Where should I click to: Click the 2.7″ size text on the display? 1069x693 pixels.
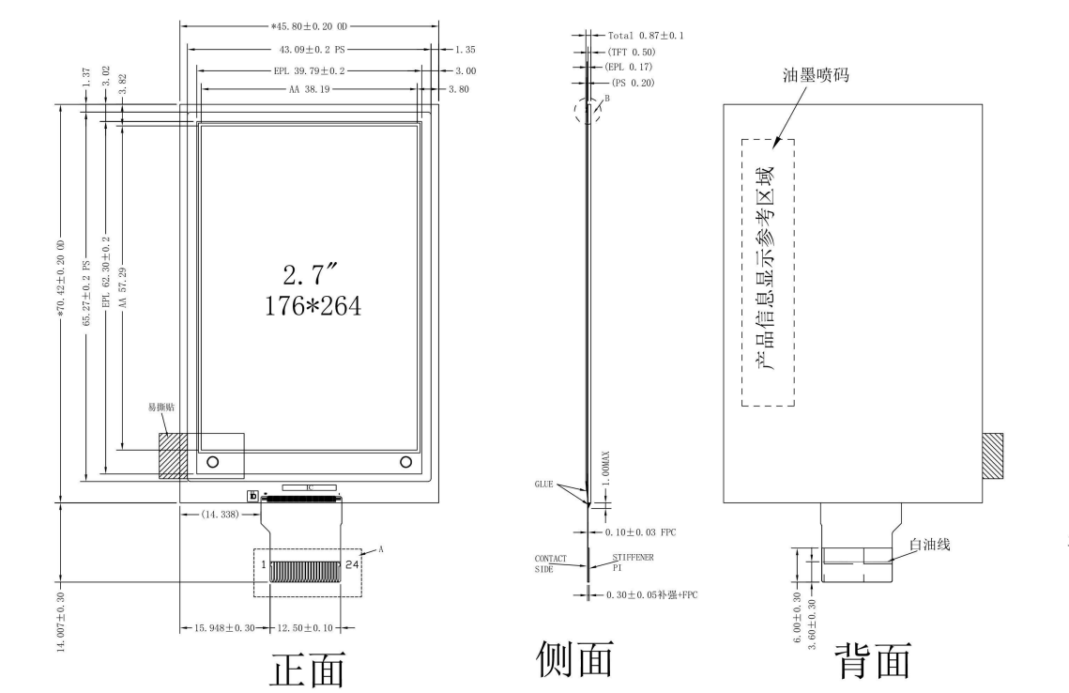coord(308,277)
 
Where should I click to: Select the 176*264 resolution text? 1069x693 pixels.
coord(308,306)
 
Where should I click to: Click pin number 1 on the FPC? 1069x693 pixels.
coord(264,564)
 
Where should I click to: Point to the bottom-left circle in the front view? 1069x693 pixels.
coord(212,461)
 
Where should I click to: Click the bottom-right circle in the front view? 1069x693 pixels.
coord(405,461)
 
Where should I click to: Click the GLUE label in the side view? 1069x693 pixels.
coord(544,485)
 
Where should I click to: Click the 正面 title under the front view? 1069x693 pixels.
coord(307,669)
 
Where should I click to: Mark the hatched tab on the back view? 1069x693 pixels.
coord(992,455)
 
